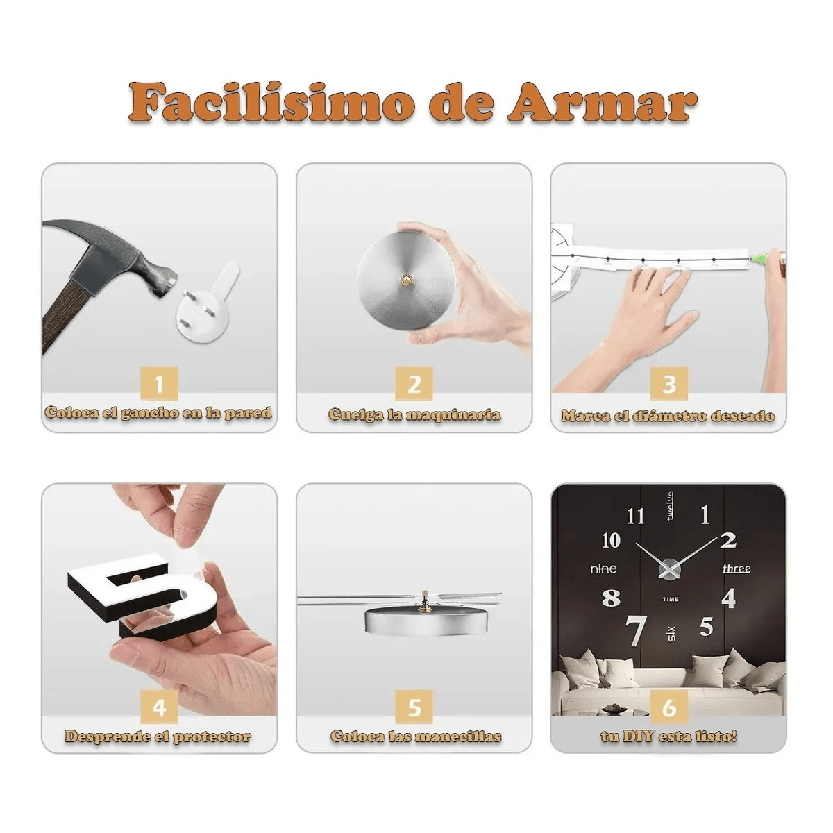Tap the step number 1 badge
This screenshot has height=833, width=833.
[x=160, y=384]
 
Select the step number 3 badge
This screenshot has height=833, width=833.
[x=669, y=384]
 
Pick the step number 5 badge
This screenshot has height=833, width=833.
[x=414, y=707]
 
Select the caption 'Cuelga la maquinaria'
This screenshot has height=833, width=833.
[x=414, y=415]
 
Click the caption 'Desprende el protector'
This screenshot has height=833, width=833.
[x=159, y=737]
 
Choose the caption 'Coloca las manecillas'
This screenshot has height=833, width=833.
[x=415, y=737]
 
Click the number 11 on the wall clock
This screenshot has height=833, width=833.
[x=635, y=516]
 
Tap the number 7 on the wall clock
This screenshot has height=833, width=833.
[x=636, y=630]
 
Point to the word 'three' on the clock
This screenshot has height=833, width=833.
[x=736, y=569]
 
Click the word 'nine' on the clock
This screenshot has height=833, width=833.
[x=603, y=569]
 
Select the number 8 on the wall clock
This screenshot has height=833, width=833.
[x=611, y=598]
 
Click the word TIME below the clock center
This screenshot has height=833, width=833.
[x=671, y=599]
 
